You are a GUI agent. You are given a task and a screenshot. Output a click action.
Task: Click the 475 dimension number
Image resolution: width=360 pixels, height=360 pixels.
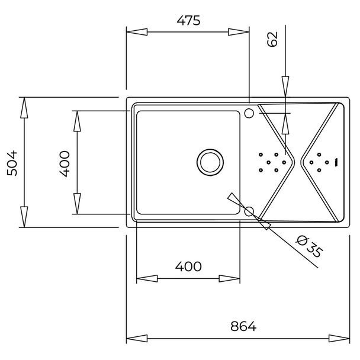tap(188, 21)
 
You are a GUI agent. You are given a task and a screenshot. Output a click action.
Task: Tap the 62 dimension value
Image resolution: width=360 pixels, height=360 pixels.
tap(272, 39)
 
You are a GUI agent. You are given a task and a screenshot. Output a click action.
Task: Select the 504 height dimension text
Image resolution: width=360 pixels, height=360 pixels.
tap(12, 163)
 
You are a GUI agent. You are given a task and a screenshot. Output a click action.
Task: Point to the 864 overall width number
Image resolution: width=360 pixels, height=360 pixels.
tap(243, 326)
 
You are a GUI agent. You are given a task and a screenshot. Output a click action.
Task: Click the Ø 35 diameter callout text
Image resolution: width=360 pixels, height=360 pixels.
tap(310, 246)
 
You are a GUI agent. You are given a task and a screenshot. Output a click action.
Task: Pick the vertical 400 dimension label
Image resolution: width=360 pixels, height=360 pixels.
tap(65, 163)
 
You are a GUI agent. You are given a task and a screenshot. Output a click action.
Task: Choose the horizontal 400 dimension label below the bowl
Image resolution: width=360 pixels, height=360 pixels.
tap(188, 266)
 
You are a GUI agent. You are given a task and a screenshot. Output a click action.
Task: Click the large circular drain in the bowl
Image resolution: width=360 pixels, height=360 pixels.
tap(210, 162)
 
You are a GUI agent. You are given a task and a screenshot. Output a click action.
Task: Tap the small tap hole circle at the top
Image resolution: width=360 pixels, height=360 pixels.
tap(249, 113)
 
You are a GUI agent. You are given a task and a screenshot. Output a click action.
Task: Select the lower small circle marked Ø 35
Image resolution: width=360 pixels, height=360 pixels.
tap(249, 211)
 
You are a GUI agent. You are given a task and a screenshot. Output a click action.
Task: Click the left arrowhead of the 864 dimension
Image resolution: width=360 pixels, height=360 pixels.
tap(137, 339)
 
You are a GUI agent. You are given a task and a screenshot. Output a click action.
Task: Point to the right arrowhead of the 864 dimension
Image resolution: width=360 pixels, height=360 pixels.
tap(339, 339)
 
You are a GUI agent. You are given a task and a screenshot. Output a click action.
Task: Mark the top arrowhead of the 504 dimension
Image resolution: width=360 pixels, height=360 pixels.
tap(24, 108)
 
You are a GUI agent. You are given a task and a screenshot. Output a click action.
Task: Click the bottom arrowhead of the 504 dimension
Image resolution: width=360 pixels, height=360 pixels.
tap(24, 217)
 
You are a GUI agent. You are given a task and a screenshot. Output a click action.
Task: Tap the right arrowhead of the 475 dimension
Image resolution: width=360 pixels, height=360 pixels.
tap(239, 32)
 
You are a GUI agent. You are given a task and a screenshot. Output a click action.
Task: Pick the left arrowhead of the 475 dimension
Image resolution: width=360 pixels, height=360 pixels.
tap(137, 32)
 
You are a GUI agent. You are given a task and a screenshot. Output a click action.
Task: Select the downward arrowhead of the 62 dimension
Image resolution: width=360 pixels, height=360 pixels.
tap(285, 86)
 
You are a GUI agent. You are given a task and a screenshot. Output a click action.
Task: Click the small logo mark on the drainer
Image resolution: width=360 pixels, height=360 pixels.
tap(336, 162)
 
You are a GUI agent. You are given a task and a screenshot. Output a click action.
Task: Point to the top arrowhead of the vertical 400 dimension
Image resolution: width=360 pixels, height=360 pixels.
tap(77, 121)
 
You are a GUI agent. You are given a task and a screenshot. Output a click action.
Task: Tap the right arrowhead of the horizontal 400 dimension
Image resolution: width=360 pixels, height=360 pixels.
tap(230, 279)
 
